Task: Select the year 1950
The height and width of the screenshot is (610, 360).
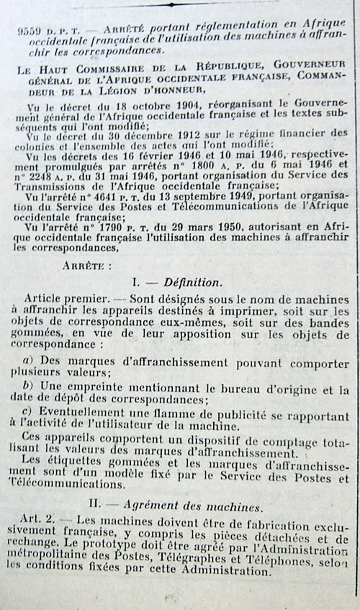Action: [x=237, y=225]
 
